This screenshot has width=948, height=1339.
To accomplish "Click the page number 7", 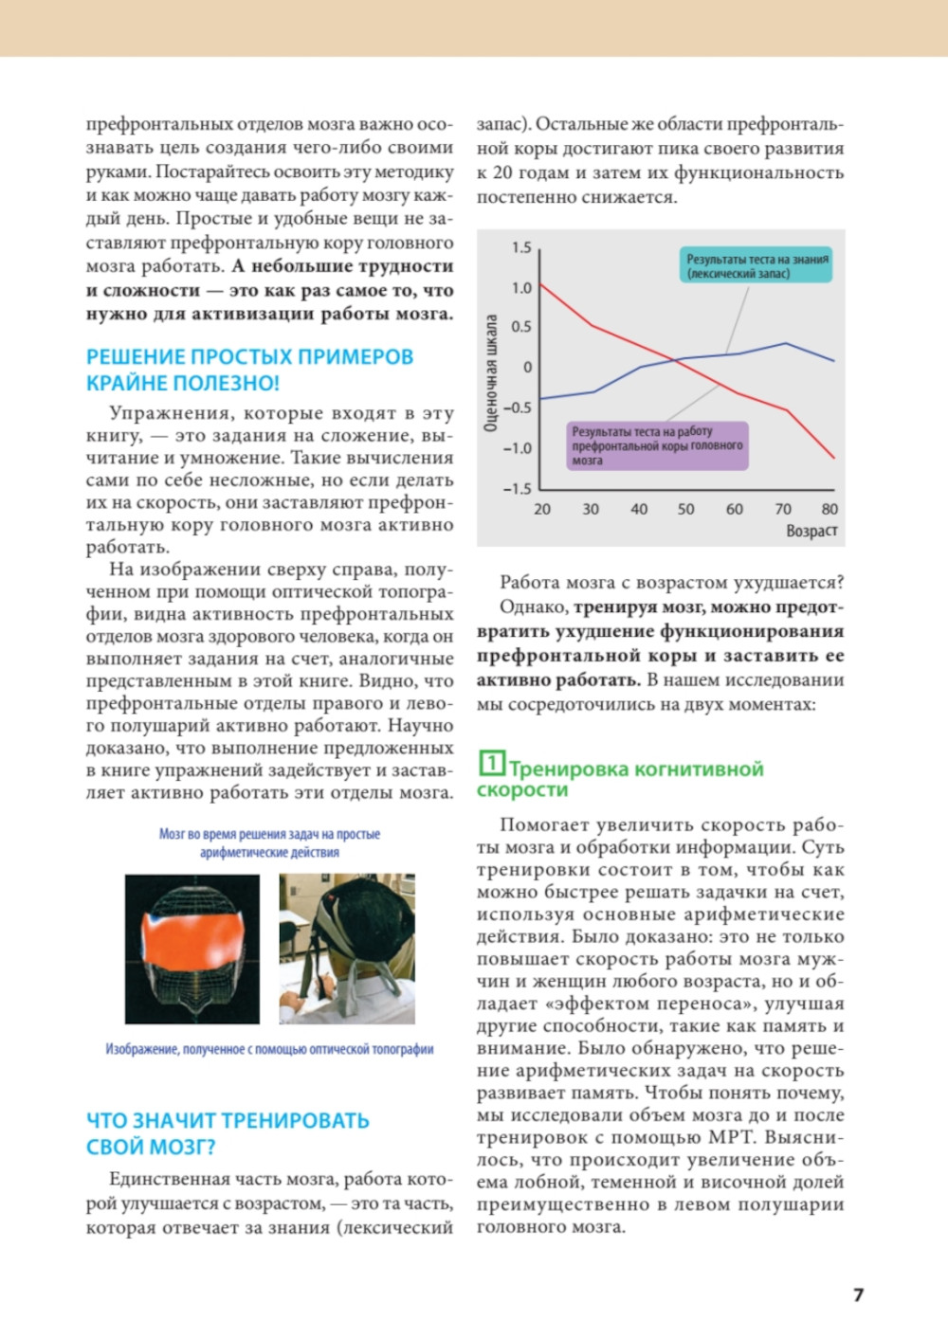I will (x=858, y=1294).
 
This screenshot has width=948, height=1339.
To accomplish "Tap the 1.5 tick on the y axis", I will (x=521, y=247).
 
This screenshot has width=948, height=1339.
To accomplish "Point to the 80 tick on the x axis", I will (x=829, y=509).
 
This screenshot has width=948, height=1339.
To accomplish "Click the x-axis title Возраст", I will (x=811, y=531).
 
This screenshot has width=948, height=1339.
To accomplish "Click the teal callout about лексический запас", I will (x=757, y=266).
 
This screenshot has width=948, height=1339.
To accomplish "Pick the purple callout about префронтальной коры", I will (x=657, y=445).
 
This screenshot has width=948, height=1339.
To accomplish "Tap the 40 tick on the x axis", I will (x=639, y=509).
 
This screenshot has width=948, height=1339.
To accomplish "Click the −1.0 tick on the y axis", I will (x=518, y=448).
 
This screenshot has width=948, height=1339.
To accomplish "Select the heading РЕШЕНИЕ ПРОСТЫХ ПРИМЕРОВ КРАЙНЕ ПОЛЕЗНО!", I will (x=250, y=370).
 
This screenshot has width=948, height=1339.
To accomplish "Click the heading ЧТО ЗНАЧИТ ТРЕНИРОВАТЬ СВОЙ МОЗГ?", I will (x=228, y=1133).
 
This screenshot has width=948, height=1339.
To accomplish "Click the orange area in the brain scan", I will (x=191, y=938).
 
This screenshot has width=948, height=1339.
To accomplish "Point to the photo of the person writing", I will (x=347, y=949).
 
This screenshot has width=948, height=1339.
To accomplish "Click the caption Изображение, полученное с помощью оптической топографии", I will (x=269, y=1049).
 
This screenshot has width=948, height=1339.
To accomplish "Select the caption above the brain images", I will (x=269, y=842).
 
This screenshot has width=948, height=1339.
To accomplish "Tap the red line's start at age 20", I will (x=540, y=284).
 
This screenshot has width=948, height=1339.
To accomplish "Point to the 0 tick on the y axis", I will (x=527, y=367).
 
